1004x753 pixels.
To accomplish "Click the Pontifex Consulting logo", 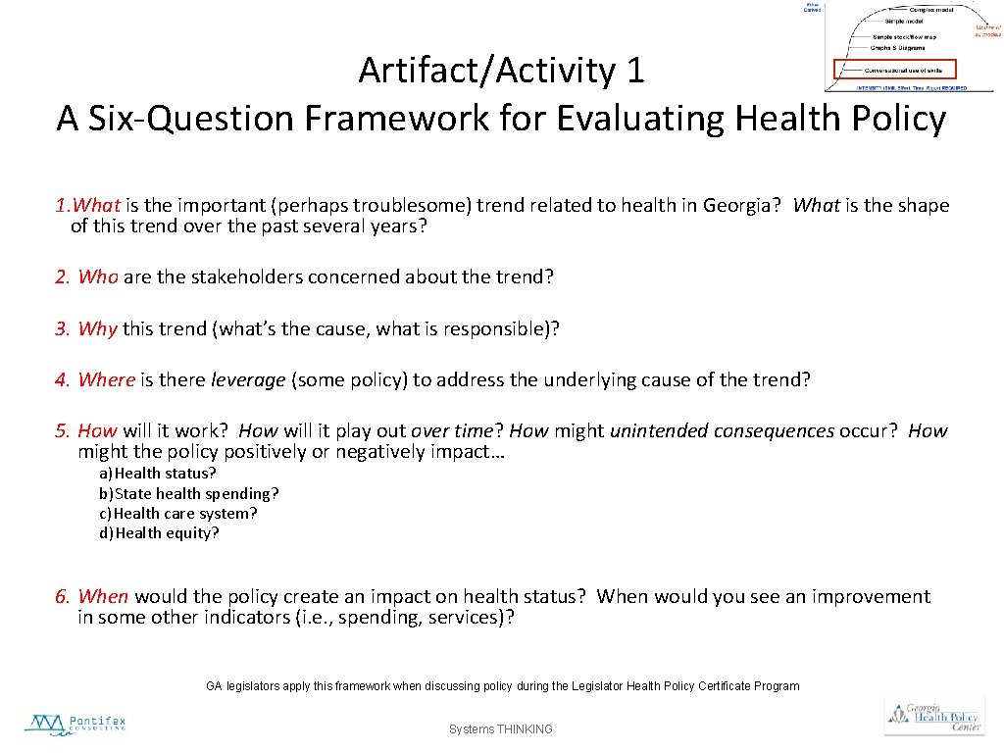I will [x=75, y=726].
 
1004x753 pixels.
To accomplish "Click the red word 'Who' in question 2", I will [x=98, y=276].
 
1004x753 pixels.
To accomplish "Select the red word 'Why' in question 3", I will [x=97, y=328].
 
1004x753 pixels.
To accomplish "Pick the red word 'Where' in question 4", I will [x=106, y=379].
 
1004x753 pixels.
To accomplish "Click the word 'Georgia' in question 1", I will [x=736, y=205].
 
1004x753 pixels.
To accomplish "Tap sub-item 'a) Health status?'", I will [x=157, y=474].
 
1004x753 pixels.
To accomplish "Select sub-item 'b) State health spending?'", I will [x=188, y=493].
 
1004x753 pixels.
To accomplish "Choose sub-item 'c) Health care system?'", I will [x=177, y=513].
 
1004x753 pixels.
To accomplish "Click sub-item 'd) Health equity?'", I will [x=159, y=532].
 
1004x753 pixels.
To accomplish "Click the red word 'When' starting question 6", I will [x=103, y=596].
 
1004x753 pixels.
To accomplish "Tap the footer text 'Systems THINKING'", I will [x=500, y=729].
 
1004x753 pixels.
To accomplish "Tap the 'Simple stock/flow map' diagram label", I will [x=904, y=36].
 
